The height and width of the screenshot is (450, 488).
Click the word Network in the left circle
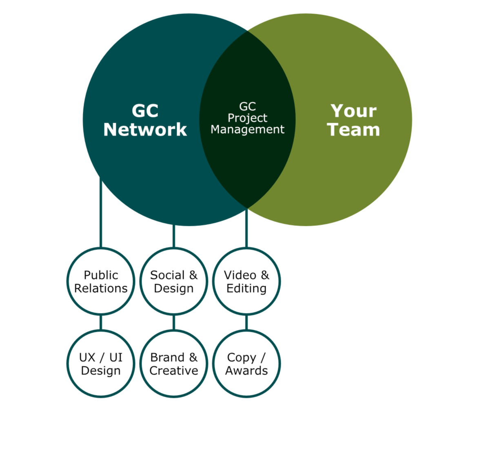pyautogui.click(x=145, y=129)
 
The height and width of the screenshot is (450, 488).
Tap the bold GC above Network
pyautogui.click(x=145, y=111)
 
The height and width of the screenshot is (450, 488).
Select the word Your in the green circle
pyautogui.click(x=353, y=111)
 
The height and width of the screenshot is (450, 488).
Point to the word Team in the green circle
pyautogui.click(x=353, y=129)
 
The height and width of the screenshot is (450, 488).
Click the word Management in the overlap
pyautogui.click(x=247, y=130)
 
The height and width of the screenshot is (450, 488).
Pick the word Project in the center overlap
pyautogui.click(x=247, y=118)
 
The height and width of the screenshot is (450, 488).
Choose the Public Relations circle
pyautogui.click(x=101, y=281)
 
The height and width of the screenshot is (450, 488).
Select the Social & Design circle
pyautogui.click(x=174, y=281)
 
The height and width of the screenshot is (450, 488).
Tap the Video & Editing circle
pyautogui.click(x=246, y=281)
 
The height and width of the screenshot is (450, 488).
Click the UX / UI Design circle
pyautogui.click(x=101, y=364)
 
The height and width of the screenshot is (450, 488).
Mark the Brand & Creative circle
pyautogui.click(x=174, y=364)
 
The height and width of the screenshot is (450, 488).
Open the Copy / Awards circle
pyautogui.click(x=246, y=364)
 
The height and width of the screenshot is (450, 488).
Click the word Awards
pyautogui.click(x=246, y=371)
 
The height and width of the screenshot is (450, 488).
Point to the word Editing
pyautogui.click(x=246, y=288)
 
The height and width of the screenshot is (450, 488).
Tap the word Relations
pyautogui.click(x=101, y=288)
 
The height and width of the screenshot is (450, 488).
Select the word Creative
pyautogui.click(x=174, y=371)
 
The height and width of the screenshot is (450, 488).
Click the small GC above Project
pyautogui.click(x=247, y=107)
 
